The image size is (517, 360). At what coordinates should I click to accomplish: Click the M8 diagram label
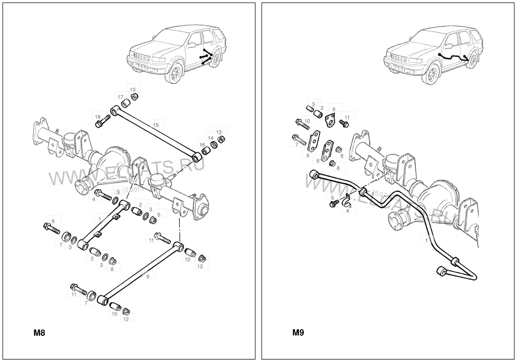point(39,332)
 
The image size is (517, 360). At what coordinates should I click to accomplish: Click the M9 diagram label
point(298,332)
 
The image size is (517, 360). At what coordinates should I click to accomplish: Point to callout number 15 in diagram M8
point(156,124)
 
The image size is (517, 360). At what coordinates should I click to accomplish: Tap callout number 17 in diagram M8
point(120,97)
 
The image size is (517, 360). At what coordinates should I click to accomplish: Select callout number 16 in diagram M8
point(202,145)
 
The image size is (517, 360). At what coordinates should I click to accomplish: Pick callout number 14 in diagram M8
point(211,137)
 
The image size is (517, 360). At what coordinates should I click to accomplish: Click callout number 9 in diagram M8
point(148,276)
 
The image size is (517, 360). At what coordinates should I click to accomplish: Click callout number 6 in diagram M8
point(53,220)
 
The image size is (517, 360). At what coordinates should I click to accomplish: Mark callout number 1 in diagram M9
point(426,241)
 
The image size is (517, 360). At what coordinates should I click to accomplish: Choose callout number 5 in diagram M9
point(332,197)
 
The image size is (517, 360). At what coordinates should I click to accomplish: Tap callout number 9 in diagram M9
point(333,108)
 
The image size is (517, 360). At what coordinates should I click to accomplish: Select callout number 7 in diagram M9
point(297,145)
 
